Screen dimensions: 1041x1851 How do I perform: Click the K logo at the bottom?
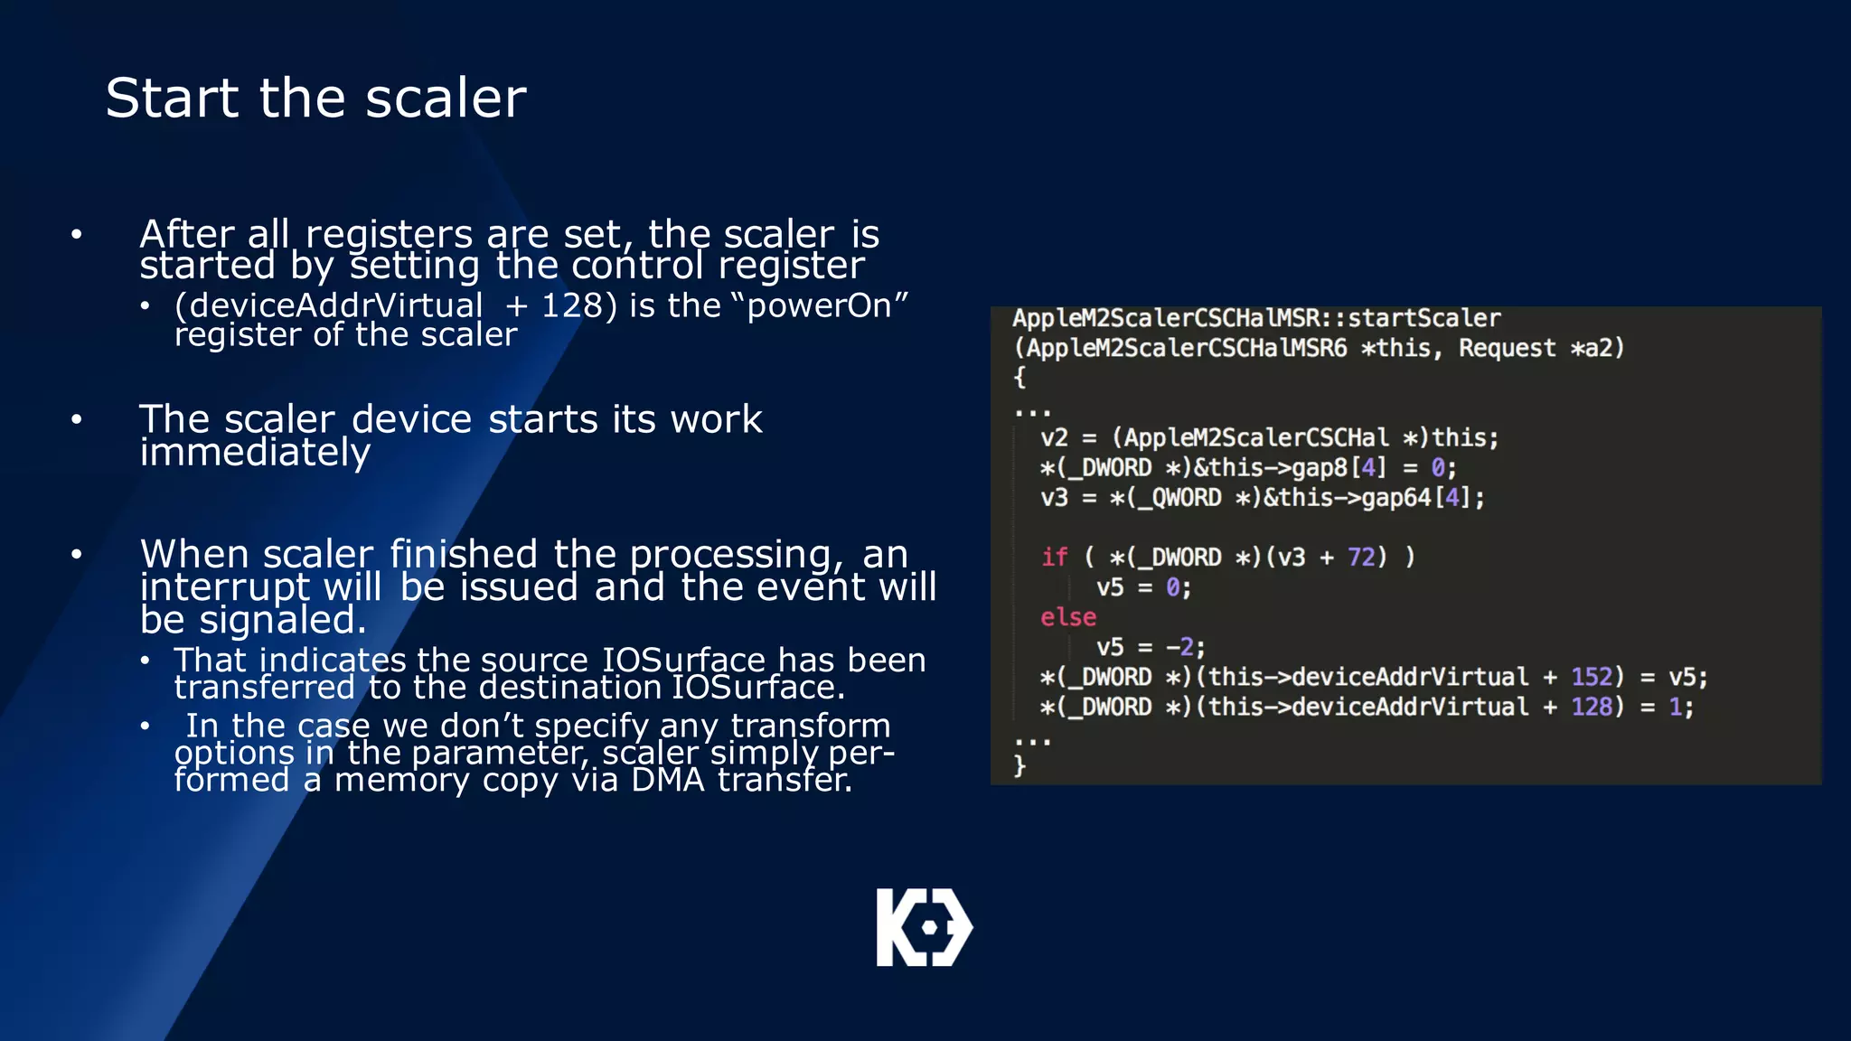click(x=924, y=927)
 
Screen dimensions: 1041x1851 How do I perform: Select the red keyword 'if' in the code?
click(x=1054, y=557)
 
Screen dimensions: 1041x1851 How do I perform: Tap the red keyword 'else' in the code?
click(x=1067, y=617)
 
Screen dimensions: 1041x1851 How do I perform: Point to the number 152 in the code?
click(x=1592, y=677)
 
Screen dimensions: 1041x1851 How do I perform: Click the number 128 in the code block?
click(x=1592, y=707)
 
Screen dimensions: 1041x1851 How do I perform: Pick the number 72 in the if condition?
click(x=1361, y=557)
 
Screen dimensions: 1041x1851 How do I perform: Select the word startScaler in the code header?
click(x=1423, y=318)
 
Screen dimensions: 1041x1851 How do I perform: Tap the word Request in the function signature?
click(x=1507, y=348)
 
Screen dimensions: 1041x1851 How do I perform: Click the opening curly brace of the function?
click(x=1019, y=377)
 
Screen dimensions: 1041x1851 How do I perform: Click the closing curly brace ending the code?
click(x=1019, y=766)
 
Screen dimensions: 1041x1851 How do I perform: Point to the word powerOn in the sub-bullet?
click(x=819, y=305)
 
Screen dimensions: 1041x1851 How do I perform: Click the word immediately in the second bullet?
click(x=255, y=452)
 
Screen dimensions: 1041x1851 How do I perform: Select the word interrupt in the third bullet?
click(x=225, y=587)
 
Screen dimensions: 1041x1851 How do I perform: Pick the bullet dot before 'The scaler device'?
click(x=77, y=419)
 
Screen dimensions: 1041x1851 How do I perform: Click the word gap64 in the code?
click(x=1395, y=497)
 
